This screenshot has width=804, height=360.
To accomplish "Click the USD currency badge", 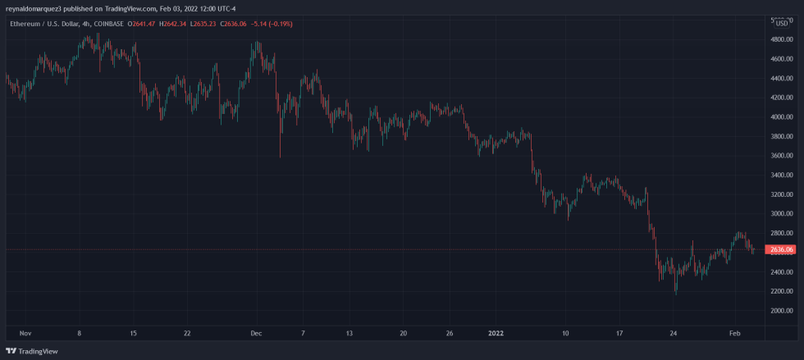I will pyautogui.click(x=783, y=23).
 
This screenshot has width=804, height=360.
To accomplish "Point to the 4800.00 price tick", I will pyautogui.click(x=780, y=59).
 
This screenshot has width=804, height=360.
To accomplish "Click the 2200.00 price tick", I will pyautogui.click(x=780, y=291).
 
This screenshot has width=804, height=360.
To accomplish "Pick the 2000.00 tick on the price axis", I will pyautogui.click(x=780, y=311).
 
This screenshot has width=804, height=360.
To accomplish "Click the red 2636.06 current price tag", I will pyautogui.click(x=780, y=249).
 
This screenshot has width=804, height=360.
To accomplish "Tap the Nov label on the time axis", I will pyautogui.click(x=25, y=334).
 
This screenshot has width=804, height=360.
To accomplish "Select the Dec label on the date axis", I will pyautogui.click(x=256, y=334).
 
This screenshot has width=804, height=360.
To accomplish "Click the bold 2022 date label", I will pyautogui.click(x=496, y=334).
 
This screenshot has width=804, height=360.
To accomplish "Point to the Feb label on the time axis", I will pyautogui.click(x=734, y=334).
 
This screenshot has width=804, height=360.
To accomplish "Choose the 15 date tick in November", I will pyautogui.click(x=133, y=334).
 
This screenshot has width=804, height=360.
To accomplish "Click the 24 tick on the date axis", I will pyautogui.click(x=673, y=334).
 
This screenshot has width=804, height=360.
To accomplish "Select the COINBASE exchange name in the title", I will pyautogui.click(x=109, y=24).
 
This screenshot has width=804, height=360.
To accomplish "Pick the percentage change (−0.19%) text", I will pyautogui.click(x=279, y=24).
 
